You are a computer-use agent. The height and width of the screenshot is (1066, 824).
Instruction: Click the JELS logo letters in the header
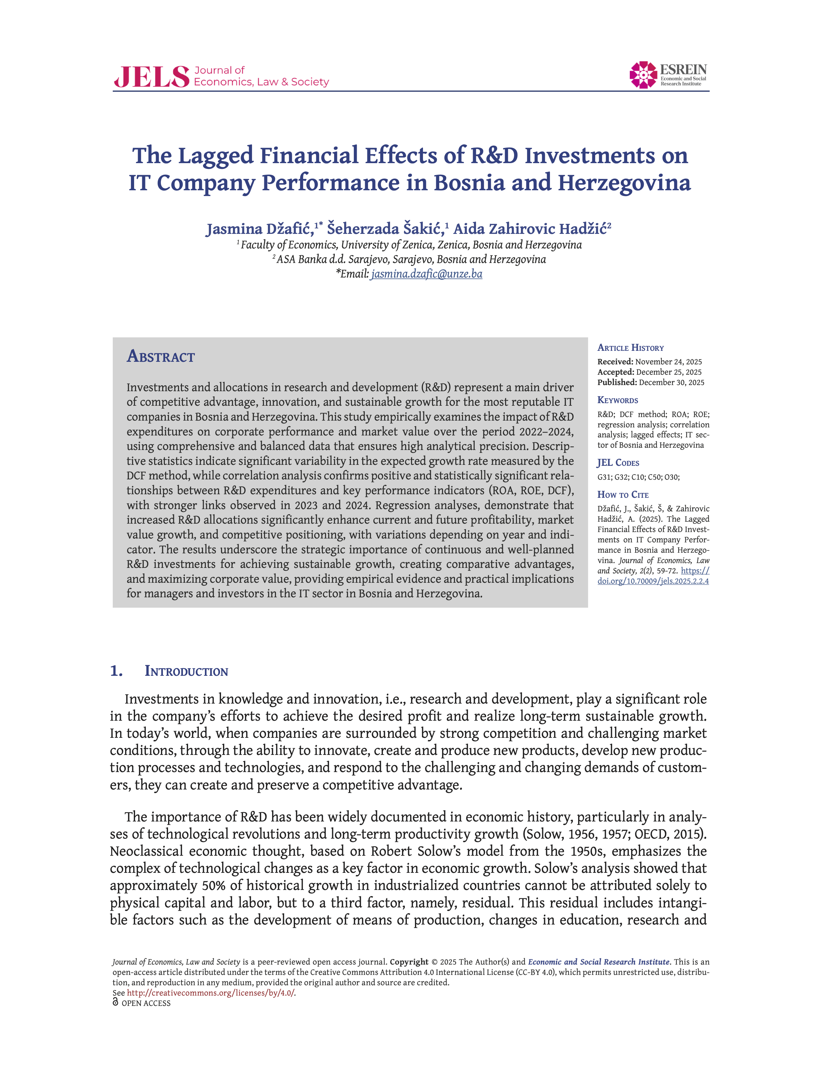tap(151, 77)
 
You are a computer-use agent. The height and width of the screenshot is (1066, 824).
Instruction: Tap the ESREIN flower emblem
tap(643, 75)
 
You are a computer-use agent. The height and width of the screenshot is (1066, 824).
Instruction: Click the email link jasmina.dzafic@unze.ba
tap(426, 274)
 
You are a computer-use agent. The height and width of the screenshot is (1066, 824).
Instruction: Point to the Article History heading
tap(630, 348)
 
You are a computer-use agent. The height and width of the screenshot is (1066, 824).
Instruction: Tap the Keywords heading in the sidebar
tap(618, 400)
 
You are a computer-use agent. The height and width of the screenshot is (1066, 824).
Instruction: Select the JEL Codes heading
tap(618, 463)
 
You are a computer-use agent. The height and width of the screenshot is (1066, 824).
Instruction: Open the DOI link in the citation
tap(653, 581)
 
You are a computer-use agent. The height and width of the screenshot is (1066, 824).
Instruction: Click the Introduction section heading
tap(186, 671)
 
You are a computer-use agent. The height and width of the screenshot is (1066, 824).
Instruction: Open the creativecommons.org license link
tap(210, 993)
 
